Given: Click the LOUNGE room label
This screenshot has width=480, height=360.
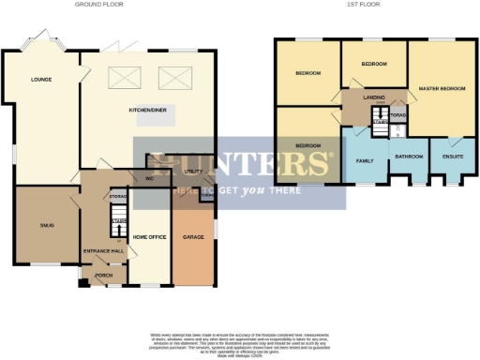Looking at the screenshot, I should pos(40,80).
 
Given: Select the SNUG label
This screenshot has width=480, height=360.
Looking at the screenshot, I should pos(47,226).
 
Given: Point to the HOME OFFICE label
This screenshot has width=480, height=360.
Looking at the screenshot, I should pos(150,237).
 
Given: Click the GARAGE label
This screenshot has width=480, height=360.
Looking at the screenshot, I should pos(193,237).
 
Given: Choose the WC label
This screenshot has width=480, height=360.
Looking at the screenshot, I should pos(149,178).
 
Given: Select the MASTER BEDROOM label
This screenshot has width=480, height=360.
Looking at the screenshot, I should pos(441,89).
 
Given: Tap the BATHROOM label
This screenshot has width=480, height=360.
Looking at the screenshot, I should pos(409,157).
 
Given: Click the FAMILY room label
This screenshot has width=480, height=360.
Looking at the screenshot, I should pos(364,162).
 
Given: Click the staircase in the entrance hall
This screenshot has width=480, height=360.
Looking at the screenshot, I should pos(119,223).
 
